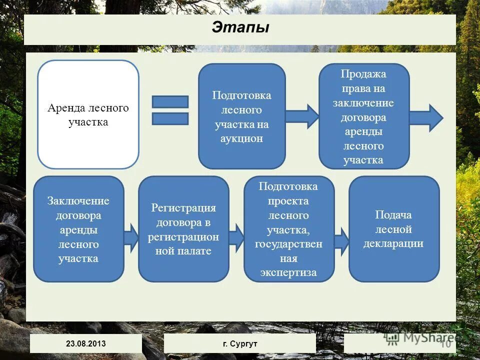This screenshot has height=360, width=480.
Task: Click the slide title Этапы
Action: click(x=240, y=27)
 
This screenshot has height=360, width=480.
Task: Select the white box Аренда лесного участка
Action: click(x=88, y=114)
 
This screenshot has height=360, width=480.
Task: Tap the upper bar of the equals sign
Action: click(x=170, y=101)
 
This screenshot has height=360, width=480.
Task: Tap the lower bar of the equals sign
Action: click(x=170, y=118)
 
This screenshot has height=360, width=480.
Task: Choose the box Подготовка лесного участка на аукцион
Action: click(x=242, y=116)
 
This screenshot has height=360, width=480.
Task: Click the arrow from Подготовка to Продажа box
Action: click(x=302, y=116)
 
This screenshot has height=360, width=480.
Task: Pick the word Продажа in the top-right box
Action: click(x=363, y=74)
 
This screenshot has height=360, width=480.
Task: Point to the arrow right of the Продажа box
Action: click(x=426, y=118)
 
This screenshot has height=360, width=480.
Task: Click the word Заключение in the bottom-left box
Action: click(x=78, y=201)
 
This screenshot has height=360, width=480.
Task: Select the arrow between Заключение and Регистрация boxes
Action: click(x=131, y=237)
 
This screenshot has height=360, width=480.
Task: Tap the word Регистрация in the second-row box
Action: click(x=183, y=208)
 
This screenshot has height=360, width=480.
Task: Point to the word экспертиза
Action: click(x=288, y=272)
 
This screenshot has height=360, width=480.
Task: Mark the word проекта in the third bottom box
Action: click(x=288, y=201)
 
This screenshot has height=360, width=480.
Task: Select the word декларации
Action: click(x=393, y=243)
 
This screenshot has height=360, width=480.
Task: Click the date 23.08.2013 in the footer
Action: click(x=86, y=343)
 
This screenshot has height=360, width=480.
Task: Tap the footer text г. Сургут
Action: click(x=240, y=343)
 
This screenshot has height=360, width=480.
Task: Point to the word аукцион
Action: click(x=242, y=138)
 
